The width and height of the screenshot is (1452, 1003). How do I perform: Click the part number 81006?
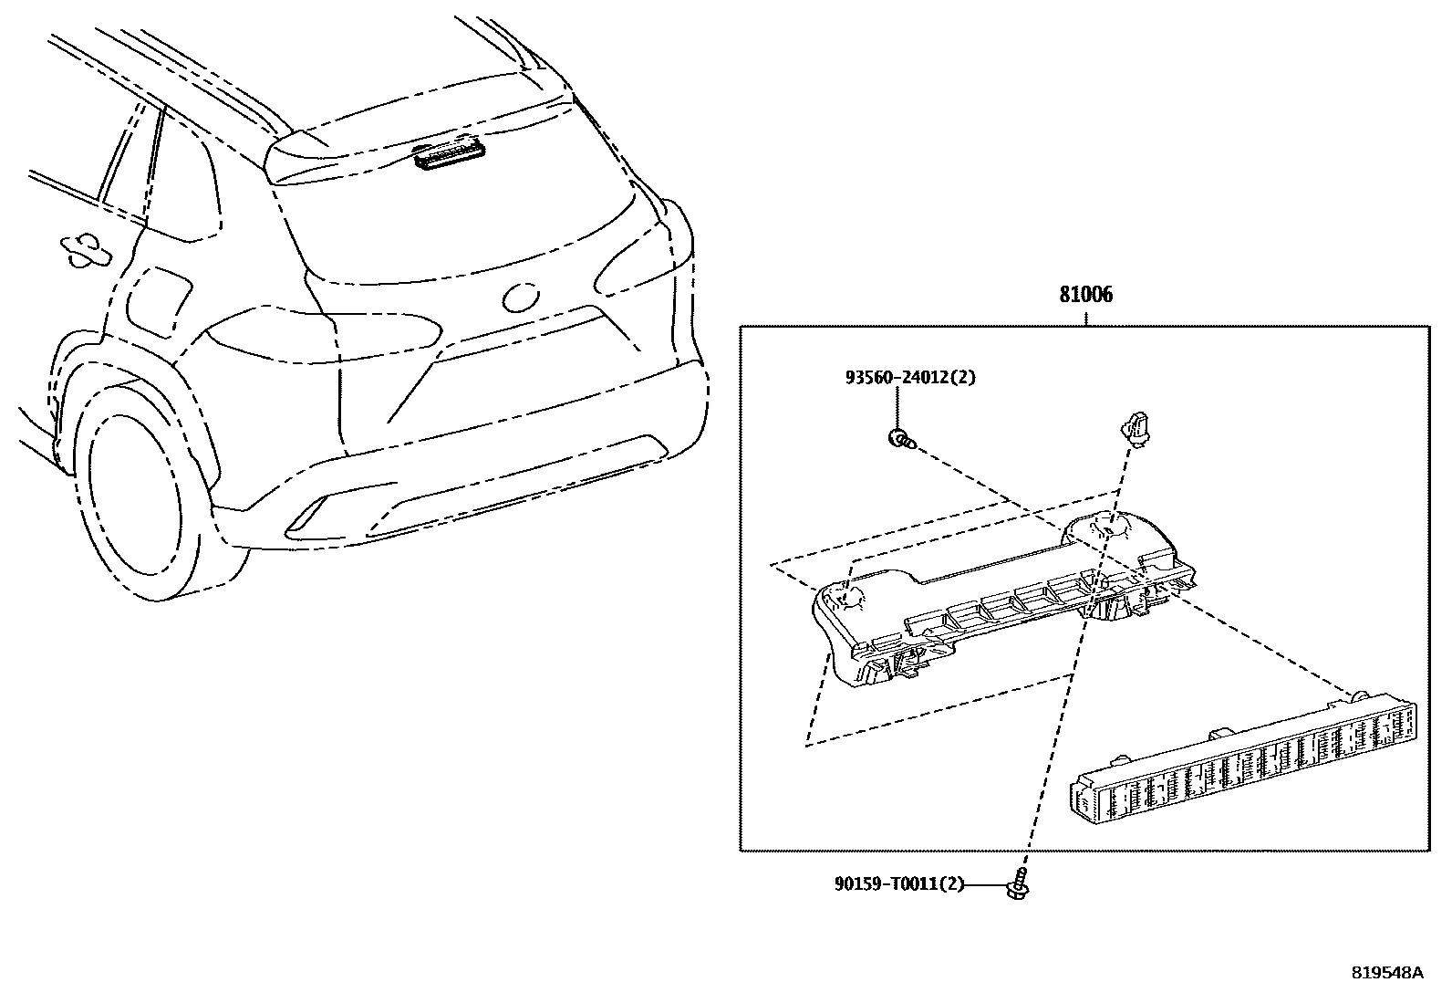pyautogui.click(x=1085, y=296)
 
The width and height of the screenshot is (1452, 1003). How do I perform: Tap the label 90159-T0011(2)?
pyautogui.click(x=898, y=883)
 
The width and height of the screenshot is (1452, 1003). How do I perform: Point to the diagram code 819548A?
pyautogui.click(x=1386, y=973)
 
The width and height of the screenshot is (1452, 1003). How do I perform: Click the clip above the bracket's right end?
pyautogui.click(x=1132, y=426)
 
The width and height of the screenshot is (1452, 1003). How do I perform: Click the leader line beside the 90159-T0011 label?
pyautogui.click(x=986, y=883)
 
